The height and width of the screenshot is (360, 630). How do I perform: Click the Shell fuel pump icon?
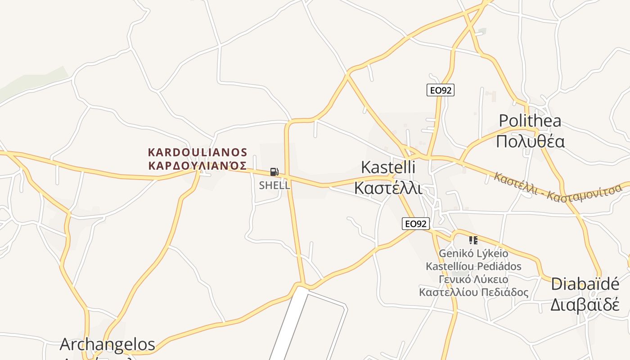pyautogui.click(x=274, y=171)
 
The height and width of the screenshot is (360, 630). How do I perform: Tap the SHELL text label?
pyautogui.click(x=274, y=185)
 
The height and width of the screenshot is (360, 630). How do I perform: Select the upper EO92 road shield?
pyautogui.click(x=441, y=90)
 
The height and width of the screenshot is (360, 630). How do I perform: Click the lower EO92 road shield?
pyautogui.click(x=416, y=223)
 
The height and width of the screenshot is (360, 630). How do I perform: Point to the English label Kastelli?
pyautogui.click(x=388, y=167)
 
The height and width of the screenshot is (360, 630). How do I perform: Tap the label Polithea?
pyautogui.click(x=530, y=121)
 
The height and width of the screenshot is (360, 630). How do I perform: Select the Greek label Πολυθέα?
pyautogui.click(x=530, y=141)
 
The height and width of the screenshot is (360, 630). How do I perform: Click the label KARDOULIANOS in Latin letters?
pyautogui.click(x=198, y=152)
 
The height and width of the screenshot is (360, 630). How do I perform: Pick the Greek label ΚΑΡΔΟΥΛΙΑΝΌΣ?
pyautogui.click(x=198, y=165)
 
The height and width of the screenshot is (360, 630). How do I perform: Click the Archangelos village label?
pyautogui.click(x=107, y=344)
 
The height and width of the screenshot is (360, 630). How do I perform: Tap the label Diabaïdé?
pyautogui.click(x=585, y=284)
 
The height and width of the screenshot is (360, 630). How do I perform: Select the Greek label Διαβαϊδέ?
pyautogui.click(x=585, y=305)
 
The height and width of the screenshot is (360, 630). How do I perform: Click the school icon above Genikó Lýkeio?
pyautogui.click(x=472, y=240)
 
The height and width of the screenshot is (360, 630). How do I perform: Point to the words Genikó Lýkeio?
pyautogui.click(x=473, y=253)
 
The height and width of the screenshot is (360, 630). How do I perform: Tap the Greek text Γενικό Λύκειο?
pyautogui.click(x=473, y=279)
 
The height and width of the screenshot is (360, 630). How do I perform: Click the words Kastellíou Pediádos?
pyautogui.click(x=473, y=266)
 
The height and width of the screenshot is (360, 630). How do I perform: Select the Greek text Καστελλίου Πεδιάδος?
pyautogui.click(x=473, y=292)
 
